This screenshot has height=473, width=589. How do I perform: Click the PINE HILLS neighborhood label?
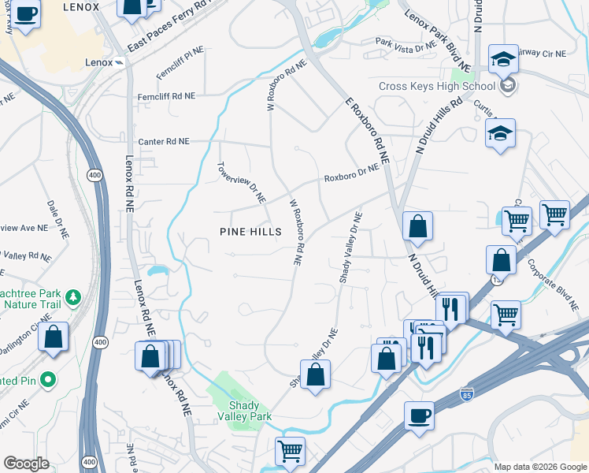tap(250, 231)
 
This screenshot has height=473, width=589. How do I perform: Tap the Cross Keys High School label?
tap(436, 86)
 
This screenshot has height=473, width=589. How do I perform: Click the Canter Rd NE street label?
tap(164, 142)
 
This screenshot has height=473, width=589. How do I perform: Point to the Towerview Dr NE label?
tap(241, 184)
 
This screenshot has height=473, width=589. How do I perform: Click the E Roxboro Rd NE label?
tap(367, 130)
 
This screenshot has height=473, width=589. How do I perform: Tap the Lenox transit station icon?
tap(118, 62)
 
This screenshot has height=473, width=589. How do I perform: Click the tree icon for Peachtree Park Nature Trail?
tap(73, 297)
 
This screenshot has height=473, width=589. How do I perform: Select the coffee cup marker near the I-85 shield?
tap(419, 415)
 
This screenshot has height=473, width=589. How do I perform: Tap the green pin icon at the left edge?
tap(48, 380)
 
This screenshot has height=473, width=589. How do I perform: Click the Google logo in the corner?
tap(26, 464)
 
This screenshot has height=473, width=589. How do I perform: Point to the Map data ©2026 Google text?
tap(539, 467)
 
